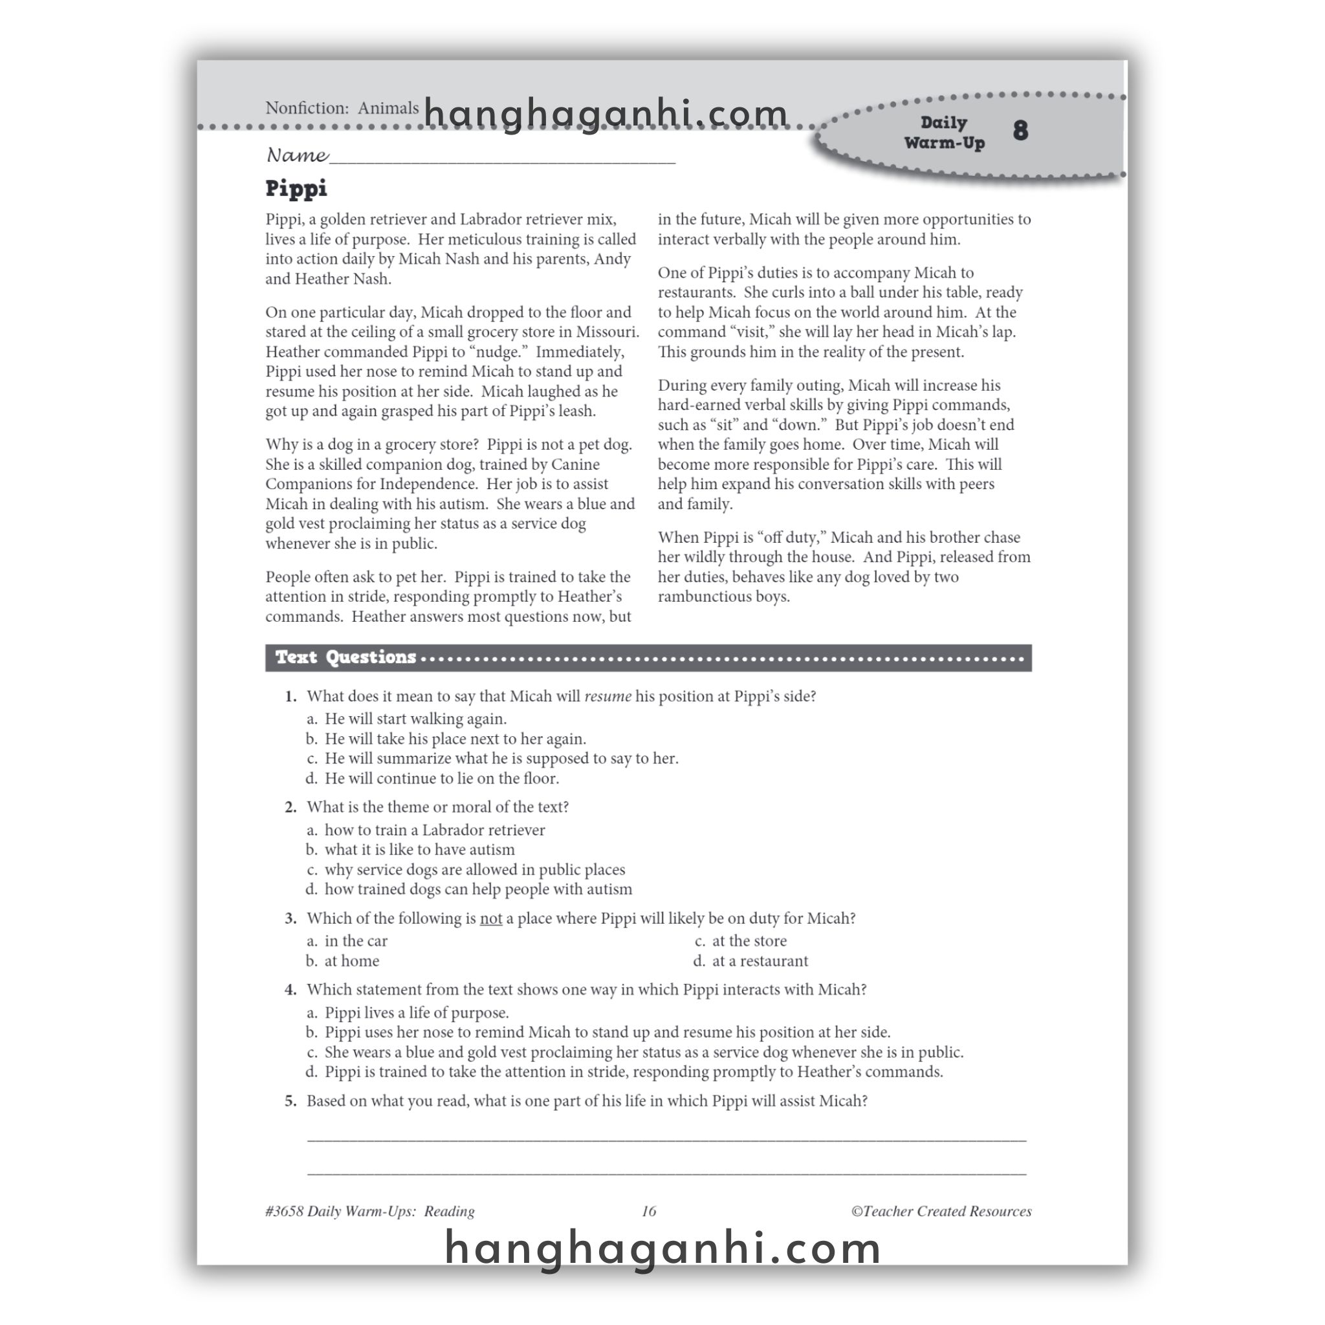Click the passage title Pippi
tap(296, 189)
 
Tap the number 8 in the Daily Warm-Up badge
tap(1020, 130)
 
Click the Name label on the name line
tap(297, 156)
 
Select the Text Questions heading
tap(345, 658)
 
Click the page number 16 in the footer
tap(649, 1211)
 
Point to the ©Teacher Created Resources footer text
tap(941, 1211)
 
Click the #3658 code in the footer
tap(284, 1211)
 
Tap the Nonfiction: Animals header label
tap(342, 108)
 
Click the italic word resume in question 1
tap(608, 696)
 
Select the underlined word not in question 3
tap(490, 918)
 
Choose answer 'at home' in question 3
tap(351, 961)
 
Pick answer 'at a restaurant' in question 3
tap(760, 961)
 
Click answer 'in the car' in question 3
tap(356, 941)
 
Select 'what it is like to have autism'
tap(419, 849)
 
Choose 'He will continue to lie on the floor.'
tap(442, 778)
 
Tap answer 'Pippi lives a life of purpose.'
tap(416, 1013)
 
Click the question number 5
tap(290, 1101)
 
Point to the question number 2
tap(290, 807)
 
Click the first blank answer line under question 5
tap(666, 1140)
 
